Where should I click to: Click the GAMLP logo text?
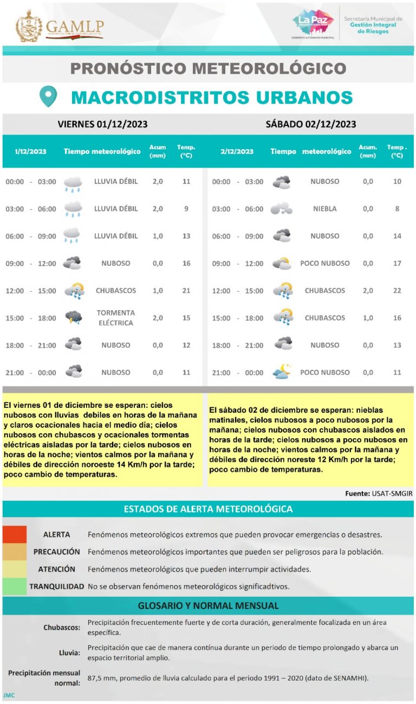click(74, 26)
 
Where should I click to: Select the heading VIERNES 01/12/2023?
click(102, 124)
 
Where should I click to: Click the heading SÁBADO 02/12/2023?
click(310, 124)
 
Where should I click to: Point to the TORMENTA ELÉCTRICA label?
click(115, 318)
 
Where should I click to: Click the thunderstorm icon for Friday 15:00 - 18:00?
click(73, 317)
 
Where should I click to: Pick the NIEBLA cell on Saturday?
click(324, 209)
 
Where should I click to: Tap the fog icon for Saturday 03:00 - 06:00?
click(281, 209)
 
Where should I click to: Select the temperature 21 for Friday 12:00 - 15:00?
click(186, 291)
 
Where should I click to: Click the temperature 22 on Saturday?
click(397, 291)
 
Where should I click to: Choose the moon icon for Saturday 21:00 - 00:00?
click(282, 372)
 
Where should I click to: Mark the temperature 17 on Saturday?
click(397, 264)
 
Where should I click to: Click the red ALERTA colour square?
click(15, 534)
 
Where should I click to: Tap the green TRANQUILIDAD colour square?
click(15, 586)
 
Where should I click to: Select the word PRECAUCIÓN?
click(56, 552)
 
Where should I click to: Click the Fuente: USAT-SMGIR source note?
click(379, 494)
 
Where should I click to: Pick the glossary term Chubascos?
click(62, 628)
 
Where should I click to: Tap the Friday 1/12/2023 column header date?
click(30, 151)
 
